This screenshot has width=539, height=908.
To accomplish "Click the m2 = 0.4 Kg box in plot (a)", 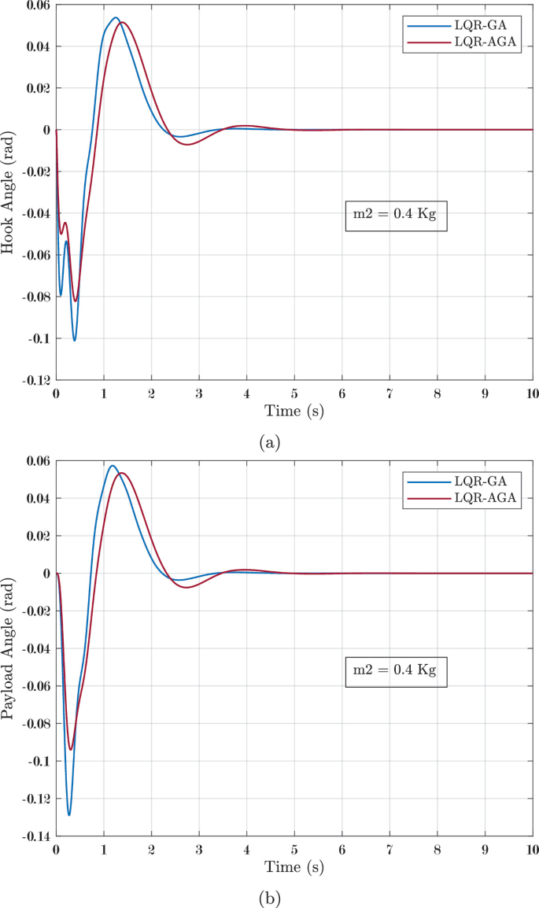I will (x=396, y=215).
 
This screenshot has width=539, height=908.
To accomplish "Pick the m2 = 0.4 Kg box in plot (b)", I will (x=396, y=670).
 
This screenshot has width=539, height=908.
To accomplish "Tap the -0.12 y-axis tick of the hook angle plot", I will (x=35, y=381).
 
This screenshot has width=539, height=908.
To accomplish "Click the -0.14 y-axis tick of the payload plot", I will (x=35, y=836).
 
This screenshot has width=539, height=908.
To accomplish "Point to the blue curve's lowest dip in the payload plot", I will (x=68, y=814).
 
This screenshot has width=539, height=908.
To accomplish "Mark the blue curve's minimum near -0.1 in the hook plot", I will (x=75, y=340).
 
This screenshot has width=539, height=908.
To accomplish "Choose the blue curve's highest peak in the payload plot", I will (x=112, y=465).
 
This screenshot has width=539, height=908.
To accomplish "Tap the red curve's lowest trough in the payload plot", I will (x=71, y=749).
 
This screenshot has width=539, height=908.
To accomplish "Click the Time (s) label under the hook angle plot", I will (x=293, y=410).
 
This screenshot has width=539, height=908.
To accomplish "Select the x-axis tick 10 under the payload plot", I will (x=532, y=851).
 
